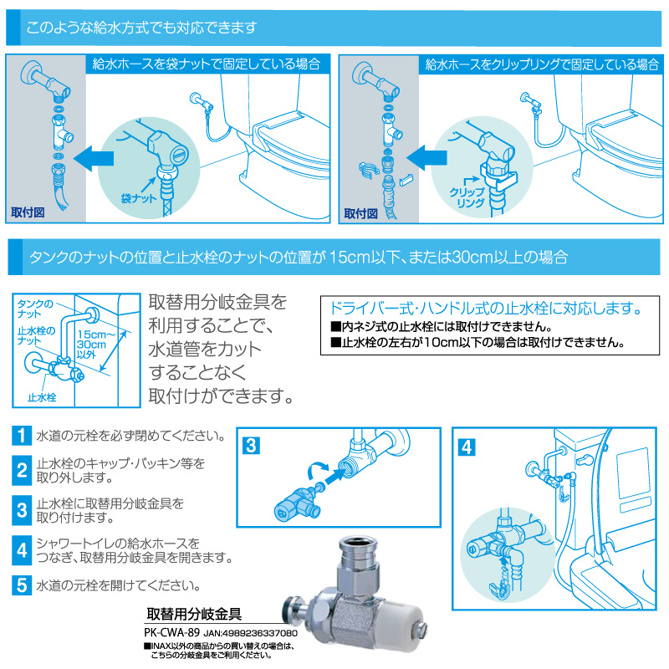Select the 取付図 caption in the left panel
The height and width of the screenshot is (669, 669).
[x=28, y=212]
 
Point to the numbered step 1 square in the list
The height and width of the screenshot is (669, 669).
[x=22, y=437]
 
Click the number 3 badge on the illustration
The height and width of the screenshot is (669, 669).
[x=250, y=446]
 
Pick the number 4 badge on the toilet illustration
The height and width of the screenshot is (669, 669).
[x=467, y=446]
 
